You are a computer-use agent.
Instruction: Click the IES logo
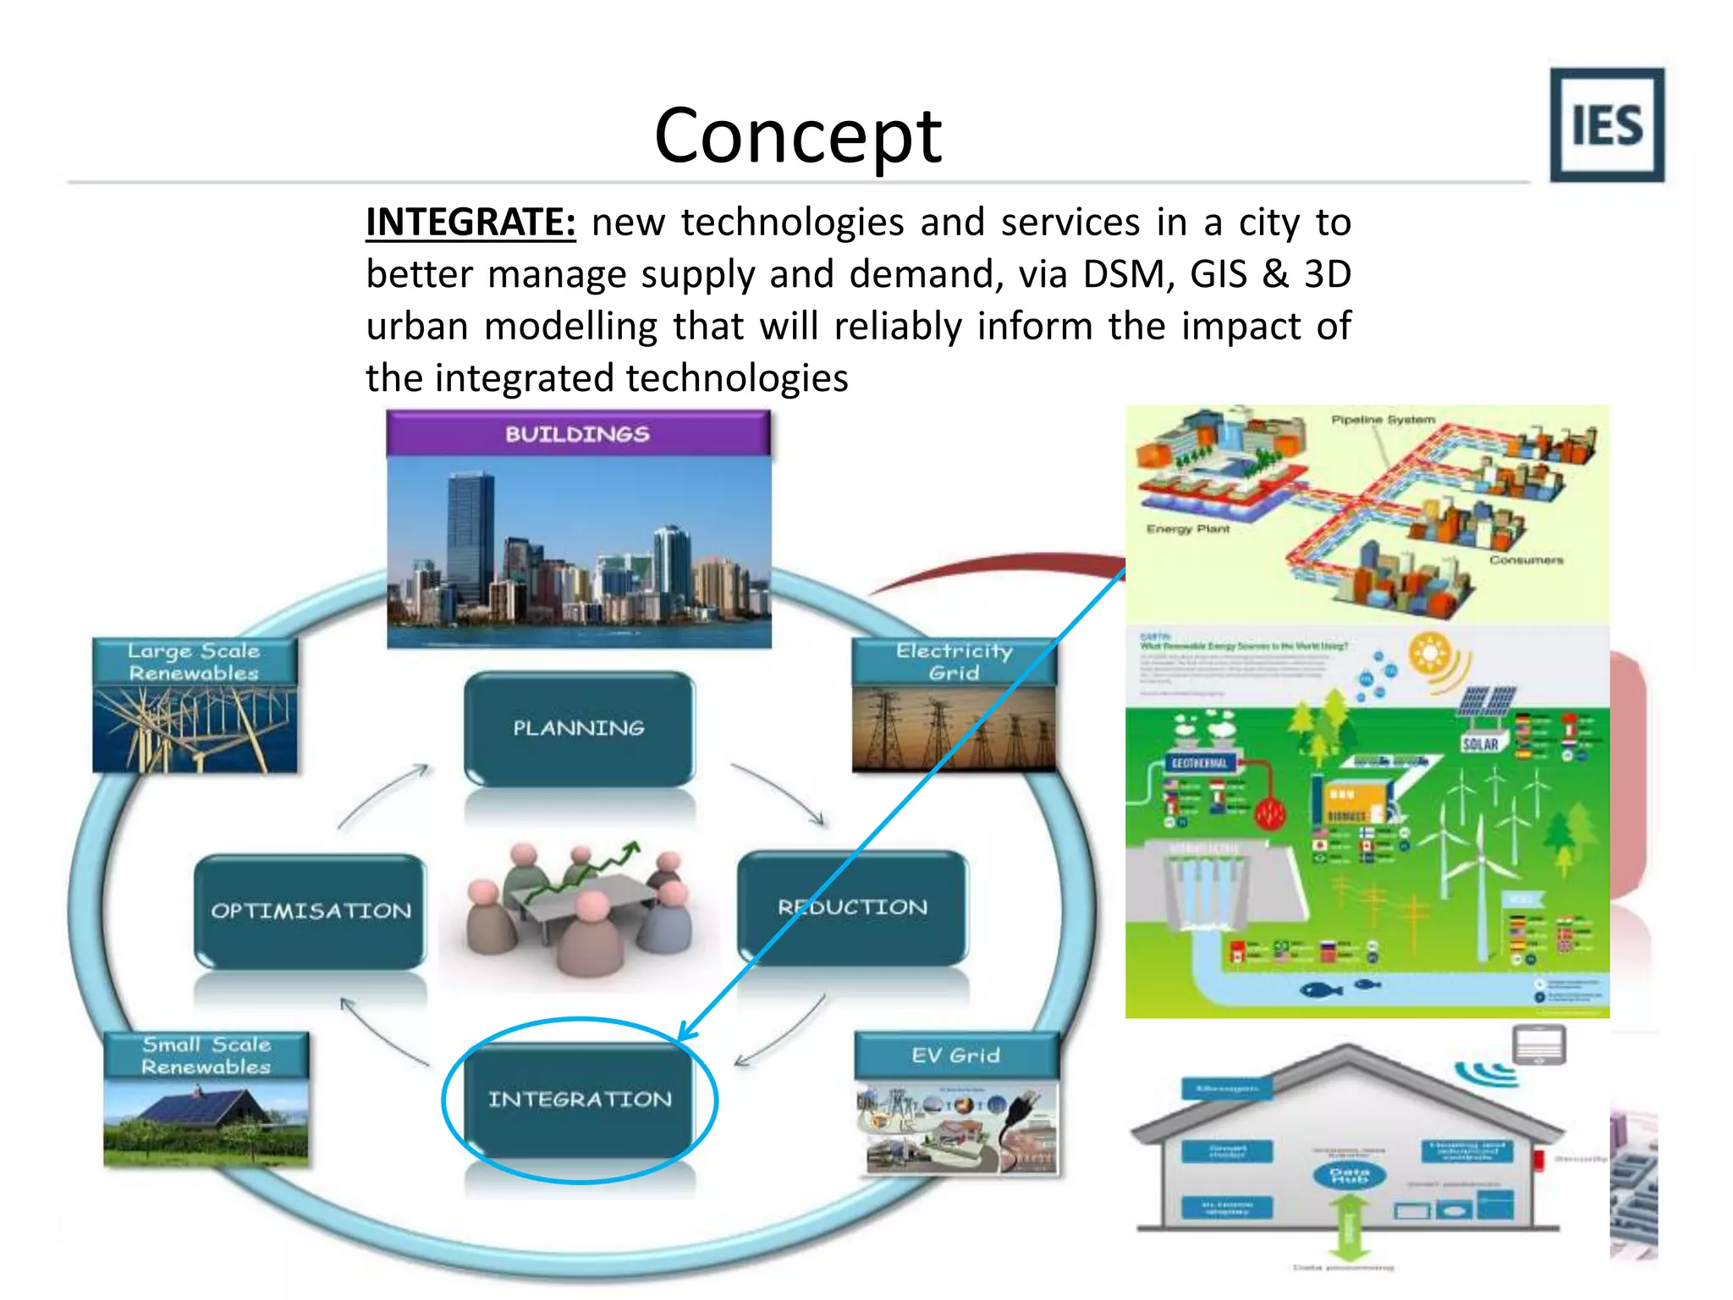(x=1606, y=125)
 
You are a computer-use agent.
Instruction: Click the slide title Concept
(x=797, y=135)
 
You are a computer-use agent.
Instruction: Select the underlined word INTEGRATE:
(x=470, y=223)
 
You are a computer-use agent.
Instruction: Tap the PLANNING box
(x=579, y=728)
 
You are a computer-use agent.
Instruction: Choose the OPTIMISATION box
(x=311, y=911)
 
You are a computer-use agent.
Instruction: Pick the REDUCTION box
(x=853, y=907)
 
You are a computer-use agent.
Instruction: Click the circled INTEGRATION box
(x=580, y=1099)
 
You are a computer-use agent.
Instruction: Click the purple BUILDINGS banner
(x=578, y=434)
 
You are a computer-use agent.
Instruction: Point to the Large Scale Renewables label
(x=194, y=662)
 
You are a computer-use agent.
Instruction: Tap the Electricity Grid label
(x=954, y=662)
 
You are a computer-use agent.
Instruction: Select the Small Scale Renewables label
(x=206, y=1055)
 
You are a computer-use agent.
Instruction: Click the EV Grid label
(x=955, y=1055)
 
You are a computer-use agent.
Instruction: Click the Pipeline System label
(x=1383, y=420)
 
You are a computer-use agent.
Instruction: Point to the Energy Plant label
(x=1187, y=529)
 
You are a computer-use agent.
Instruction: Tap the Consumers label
(x=1526, y=560)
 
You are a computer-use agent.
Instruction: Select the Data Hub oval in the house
(x=1350, y=1176)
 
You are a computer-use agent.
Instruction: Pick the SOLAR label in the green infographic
(x=1480, y=744)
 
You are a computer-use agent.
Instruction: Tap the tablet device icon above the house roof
(x=1539, y=1044)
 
